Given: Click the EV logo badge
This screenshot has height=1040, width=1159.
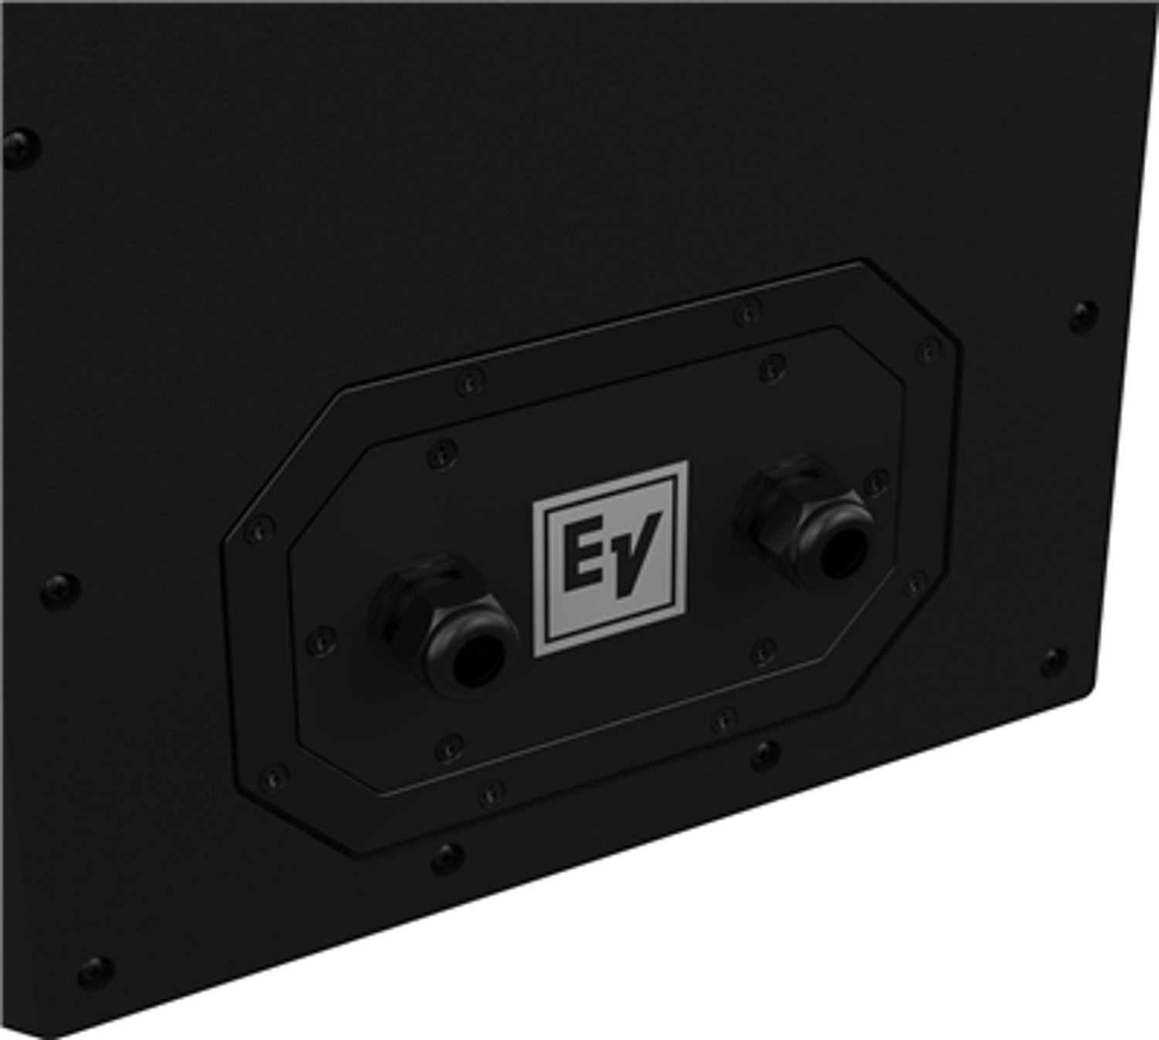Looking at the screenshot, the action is (610, 559).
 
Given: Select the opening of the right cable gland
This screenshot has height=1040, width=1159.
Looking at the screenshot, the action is (843, 552).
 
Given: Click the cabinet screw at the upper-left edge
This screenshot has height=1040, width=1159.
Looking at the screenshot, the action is (21, 148).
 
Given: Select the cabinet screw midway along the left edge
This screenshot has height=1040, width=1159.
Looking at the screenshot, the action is (60, 590).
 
